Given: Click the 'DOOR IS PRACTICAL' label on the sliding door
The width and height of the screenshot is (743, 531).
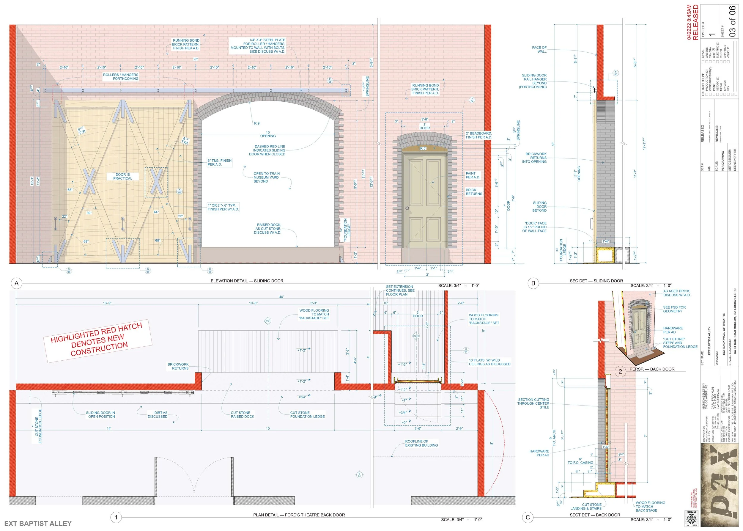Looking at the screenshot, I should pos(122,177).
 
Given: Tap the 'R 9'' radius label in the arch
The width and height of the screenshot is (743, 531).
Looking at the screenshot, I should pos(257,124).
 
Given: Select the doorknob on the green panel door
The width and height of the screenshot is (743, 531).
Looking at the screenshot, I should pos(407,208).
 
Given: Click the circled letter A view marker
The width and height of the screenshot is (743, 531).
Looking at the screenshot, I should pos(17,283).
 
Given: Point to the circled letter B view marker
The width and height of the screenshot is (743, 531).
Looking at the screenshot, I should pos(533,283).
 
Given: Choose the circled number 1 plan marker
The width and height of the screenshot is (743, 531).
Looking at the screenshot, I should pos(116,517).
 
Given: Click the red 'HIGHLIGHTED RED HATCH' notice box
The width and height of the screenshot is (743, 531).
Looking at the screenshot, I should pos(98,341).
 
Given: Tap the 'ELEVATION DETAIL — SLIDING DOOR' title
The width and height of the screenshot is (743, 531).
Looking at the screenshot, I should pos(247,281).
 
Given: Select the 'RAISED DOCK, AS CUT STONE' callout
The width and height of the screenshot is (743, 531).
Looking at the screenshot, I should pos(268,229).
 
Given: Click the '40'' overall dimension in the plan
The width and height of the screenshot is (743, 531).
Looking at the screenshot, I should pos(281,297).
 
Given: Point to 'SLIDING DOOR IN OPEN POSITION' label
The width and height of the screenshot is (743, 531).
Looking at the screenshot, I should pos(100,414).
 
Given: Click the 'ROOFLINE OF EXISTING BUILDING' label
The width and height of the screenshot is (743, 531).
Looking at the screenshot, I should pos(421,443).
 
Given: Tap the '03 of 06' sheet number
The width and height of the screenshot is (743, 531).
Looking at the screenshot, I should pos(733,21).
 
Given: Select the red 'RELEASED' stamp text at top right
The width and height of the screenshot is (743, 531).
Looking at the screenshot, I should pos(695,22).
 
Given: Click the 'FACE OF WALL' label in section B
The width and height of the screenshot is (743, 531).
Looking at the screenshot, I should pos(539,49).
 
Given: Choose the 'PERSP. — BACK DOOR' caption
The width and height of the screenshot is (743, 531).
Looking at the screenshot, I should pos(652,369).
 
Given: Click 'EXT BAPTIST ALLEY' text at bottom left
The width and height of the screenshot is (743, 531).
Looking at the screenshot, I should pos(38,524).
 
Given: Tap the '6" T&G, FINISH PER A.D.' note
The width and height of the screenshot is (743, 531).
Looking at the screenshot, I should pos(219,163).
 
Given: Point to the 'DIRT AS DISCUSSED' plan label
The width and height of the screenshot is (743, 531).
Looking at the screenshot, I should pos(157,414).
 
